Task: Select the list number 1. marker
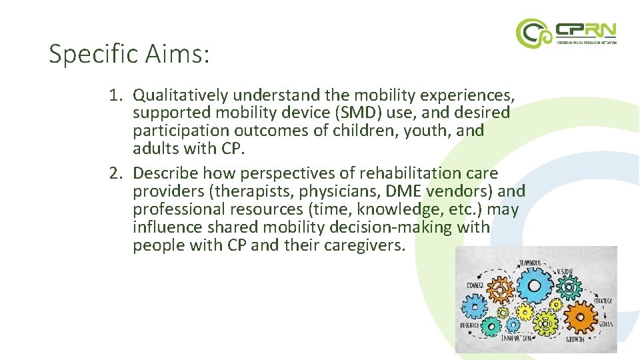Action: point(117,96)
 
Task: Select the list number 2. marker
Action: point(117,173)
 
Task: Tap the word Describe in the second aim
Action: point(165,173)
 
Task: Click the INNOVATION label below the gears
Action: point(518,338)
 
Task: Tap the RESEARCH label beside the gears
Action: point(469,325)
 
